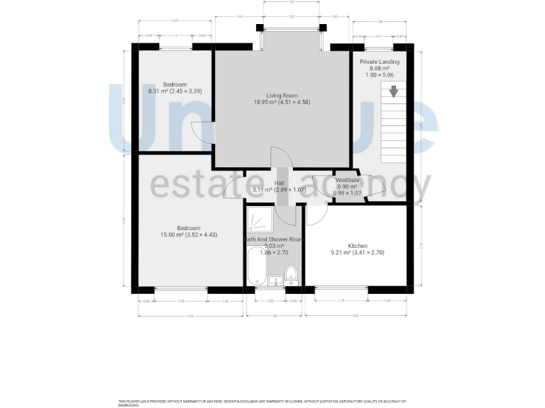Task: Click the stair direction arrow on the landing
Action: point(393,91)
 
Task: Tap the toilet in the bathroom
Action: point(291,273)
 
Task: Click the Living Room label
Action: point(282,95)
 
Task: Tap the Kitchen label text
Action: point(358,245)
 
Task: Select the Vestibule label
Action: point(348,180)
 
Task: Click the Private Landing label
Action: point(379,62)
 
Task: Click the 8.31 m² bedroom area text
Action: point(174,91)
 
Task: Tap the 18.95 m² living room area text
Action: point(282,102)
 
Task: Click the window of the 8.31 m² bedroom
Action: point(176,47)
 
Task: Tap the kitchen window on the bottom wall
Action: point(341,288)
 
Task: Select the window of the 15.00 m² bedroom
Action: point(180,288)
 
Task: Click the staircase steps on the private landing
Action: point(393,124)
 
